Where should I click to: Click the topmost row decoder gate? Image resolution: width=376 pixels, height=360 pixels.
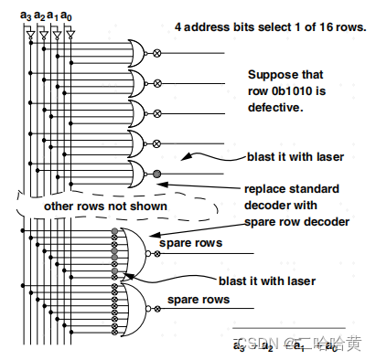coord(136,52)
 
